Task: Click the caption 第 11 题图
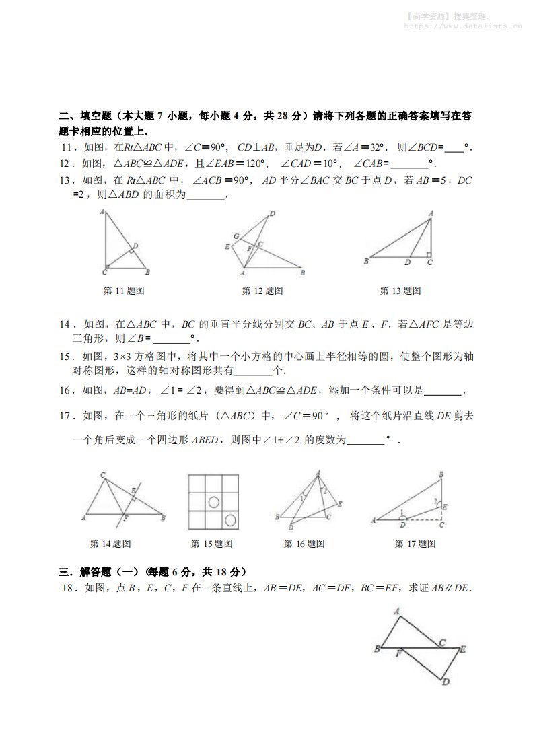pos(123,291)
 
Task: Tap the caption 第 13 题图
pos(400,291)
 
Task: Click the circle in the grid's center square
pos(213,501)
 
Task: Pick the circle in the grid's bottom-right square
pos(230,519)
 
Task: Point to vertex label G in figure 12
pos(236,236)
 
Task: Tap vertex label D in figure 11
pos(135,246)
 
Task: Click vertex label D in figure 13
pos(406,262)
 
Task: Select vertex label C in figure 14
pos(102,476)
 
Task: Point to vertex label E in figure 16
pos(339,503)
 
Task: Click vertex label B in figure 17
pos(441,475)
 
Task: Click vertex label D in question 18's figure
pos(445,681)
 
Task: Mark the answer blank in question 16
pos(443,390)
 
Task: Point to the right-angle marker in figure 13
pos(428,255)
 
